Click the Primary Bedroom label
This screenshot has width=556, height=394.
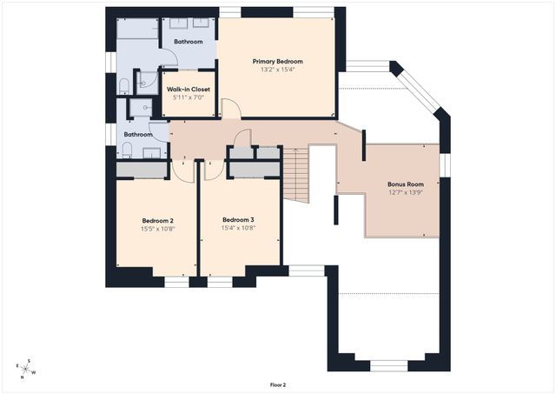pos(277,61)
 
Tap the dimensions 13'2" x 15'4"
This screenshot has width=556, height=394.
pos(277,70)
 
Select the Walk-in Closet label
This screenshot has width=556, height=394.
pos(189,89)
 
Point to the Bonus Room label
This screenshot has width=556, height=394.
pos(406,184)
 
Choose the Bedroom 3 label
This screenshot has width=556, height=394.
pos(239,219)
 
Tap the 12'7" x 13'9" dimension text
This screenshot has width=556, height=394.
pos(406,192)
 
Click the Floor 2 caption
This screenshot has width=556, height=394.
pos(277,384)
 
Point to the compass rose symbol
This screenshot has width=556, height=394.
pos(26,370)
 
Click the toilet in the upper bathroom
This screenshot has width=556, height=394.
pos(125,86)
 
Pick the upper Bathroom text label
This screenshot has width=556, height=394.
pos(189,41)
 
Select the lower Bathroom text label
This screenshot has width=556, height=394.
pos(137,135)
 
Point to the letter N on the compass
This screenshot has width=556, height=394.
pos(22,378)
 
